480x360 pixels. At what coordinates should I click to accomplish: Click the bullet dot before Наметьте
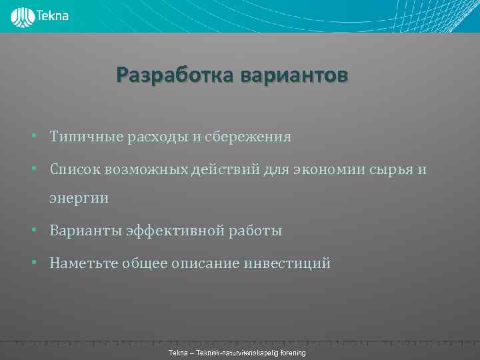(33, 263)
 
